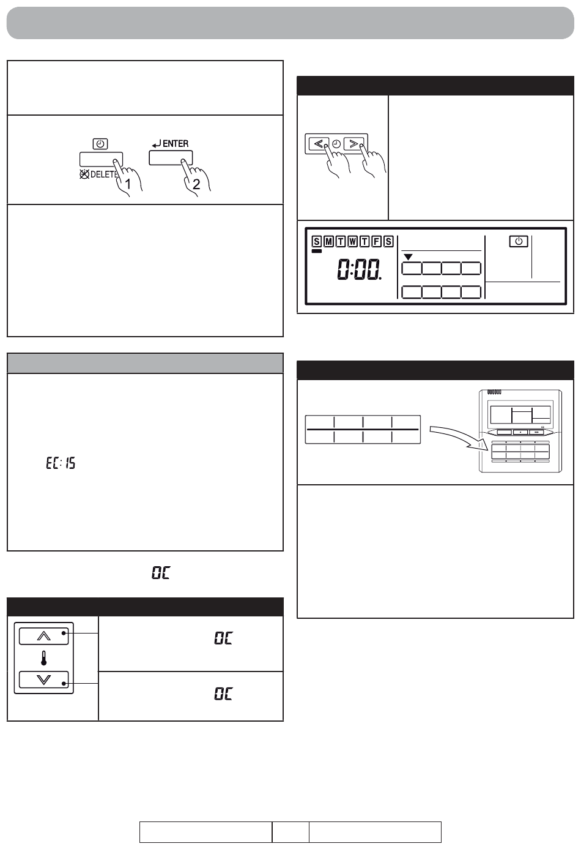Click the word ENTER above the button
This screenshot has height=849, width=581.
point(176,144)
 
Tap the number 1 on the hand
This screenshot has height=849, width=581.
point(128,184)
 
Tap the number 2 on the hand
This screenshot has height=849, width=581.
point(196,184)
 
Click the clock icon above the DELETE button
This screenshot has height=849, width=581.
point(100,144)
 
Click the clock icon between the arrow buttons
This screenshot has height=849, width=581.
point(336,144)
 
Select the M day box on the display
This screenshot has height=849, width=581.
point(329,241)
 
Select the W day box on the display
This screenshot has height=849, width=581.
point(353,241)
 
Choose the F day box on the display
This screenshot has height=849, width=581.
point(377,241)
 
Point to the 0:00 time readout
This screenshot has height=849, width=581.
point(359,269)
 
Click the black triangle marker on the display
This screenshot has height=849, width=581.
point(408,257)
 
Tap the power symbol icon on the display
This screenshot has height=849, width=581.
point(519,241)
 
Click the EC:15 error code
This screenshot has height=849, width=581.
point(61,463)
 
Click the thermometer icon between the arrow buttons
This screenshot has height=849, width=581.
point(43,659)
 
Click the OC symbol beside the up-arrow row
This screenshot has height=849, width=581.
point(223,638)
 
